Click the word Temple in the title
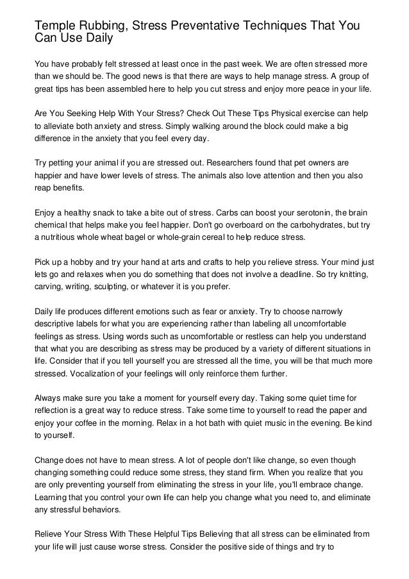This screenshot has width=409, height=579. [54, 25]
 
